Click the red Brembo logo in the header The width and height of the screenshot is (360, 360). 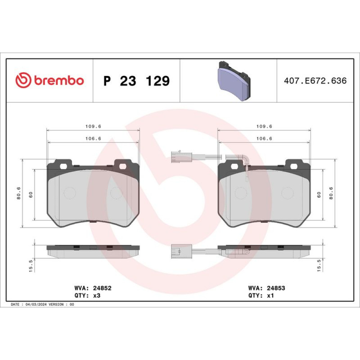(x=50, y=80)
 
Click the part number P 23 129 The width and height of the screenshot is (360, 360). (x=136, y=81)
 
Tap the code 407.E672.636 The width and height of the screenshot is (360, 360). (x=315, y=81)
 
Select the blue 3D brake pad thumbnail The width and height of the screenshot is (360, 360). (x=234, y=81)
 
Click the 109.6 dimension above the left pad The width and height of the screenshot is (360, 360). (x=93, y=126)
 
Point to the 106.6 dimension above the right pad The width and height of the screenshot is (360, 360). (x=264, y=139)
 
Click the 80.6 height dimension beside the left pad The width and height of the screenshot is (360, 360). (x=19, y=193)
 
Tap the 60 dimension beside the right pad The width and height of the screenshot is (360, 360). (x=319, y=195)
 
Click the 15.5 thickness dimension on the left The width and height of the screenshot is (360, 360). (x=31, y=266)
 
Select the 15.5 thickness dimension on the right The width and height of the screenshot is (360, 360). (x=319, y=266)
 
